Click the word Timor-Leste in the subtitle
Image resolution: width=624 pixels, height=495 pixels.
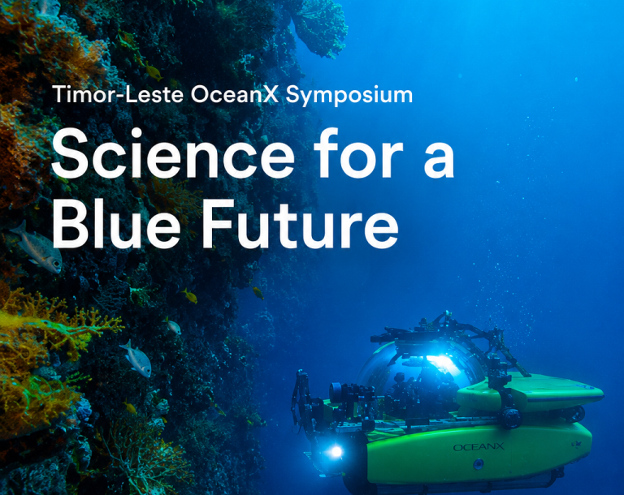[118, 95]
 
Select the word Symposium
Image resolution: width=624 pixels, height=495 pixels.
[349, 96]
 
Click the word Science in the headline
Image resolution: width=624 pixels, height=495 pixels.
[173, 153]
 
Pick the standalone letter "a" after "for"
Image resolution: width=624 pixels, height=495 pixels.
[439, 159]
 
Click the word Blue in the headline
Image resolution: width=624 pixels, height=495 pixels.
[116, 223]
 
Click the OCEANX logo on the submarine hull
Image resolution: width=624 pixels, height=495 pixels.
[479, 447]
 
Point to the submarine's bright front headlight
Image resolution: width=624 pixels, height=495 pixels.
[336, 452]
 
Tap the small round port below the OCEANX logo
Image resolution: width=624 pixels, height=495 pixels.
[478, 463]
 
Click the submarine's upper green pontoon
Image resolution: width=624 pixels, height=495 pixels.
[529, 392]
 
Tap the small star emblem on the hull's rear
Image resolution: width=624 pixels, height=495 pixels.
[576, 444]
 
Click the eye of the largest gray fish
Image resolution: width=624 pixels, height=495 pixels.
[57, 263]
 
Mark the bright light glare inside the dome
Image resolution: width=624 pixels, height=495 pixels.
[443, 363]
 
